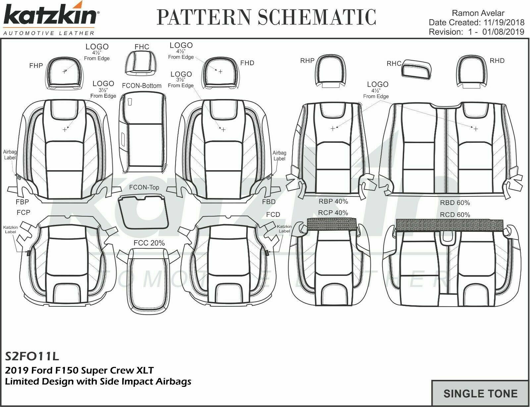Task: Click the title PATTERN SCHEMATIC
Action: [266, 17]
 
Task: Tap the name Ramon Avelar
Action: [478, 13]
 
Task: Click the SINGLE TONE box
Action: [480, 393]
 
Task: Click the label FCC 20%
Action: [149, 243]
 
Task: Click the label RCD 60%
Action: [455, 215]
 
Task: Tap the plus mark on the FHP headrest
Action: [64, 72]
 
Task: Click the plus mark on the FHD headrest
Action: [220, 72]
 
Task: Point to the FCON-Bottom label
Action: [141, 85]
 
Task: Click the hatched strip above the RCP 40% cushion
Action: [332, 224]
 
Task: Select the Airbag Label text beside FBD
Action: [279, 155]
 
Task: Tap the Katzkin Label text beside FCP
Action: [10, 229]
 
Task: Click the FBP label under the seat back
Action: [22, 202]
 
